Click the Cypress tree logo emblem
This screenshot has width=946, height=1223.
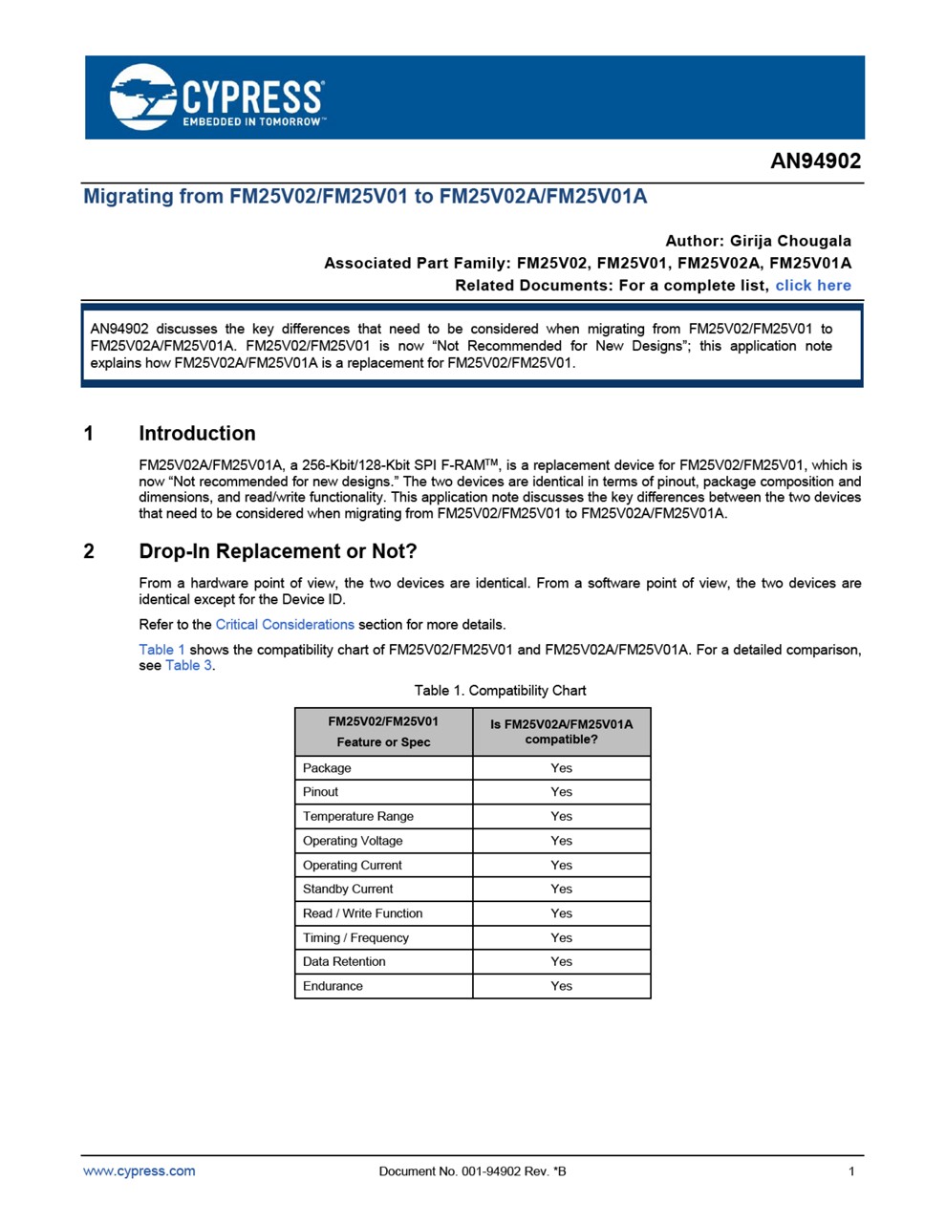(x=143, y=97)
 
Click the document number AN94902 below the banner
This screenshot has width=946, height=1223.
(x=815, y=161)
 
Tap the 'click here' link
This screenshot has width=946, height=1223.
(x=812, y=286)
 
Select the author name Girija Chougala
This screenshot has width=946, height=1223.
(x=790, y=241)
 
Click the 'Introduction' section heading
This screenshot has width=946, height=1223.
(x=197, y=434)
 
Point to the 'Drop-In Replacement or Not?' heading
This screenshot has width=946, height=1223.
(x=277, y=551)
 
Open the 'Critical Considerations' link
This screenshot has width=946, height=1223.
(x=285, y=625)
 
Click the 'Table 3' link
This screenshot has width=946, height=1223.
(x=188, y=666)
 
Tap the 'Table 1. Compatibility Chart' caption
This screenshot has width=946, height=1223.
(x=500, y=691)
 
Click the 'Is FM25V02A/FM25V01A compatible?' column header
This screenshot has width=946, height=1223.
(x=561, y=732)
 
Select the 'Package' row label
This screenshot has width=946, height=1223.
(x=327, y=768)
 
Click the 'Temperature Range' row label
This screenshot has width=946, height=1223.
(x=358, y=817)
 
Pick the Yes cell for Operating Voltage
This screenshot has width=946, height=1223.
(x=561, y=841)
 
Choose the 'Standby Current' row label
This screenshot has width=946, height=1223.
(x=348, y=890)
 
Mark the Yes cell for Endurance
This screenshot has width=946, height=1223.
(x=561, y=986)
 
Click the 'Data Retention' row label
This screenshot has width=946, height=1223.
(x=344, y=962)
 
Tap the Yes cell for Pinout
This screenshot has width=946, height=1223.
(x=561, y=792)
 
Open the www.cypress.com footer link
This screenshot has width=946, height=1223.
(x=140, y=1171)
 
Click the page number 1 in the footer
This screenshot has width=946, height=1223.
(x=851, y=1171)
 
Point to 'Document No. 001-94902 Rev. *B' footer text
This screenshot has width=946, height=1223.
(x=472, y=1171)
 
